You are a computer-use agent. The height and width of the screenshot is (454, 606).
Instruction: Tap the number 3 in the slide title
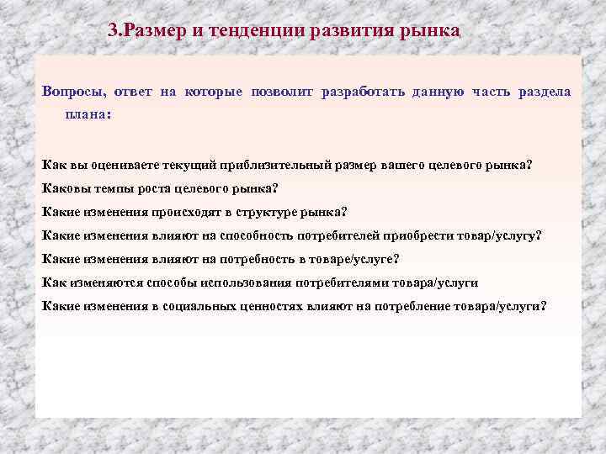(114, 31)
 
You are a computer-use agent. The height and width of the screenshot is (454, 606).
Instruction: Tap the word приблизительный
(271, 164)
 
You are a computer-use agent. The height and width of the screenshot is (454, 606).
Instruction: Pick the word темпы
(107, 187)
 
